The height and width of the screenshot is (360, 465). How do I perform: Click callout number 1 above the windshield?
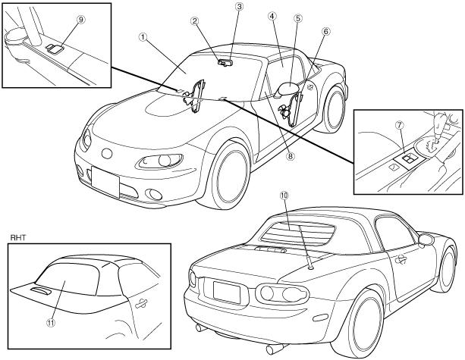point(143,36)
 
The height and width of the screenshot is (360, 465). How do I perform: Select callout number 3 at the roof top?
point(239,7)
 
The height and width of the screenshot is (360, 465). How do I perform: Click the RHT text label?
point(17,236)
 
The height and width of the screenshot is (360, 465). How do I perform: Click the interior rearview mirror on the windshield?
point(226,63)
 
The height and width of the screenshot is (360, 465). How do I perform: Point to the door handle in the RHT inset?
point(141,301)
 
